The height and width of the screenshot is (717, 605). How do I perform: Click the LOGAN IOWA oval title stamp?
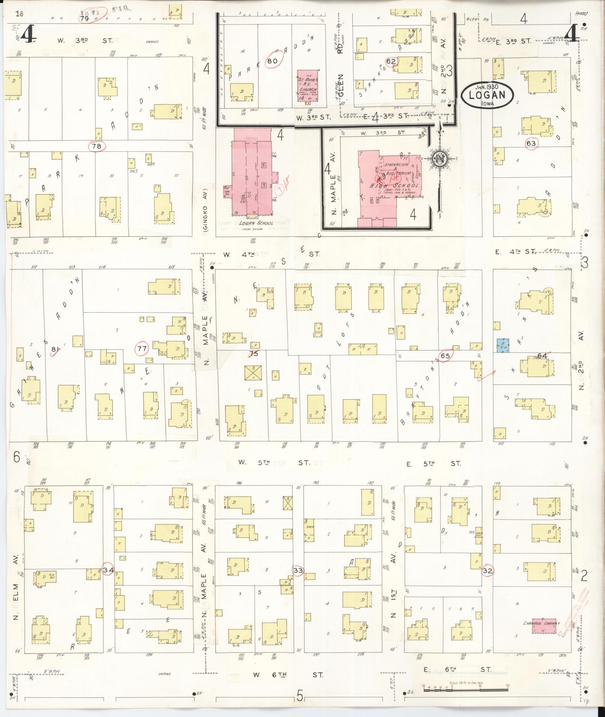click(x=487, y=95)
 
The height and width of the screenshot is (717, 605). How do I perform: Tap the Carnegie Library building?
click(x=543, y=626)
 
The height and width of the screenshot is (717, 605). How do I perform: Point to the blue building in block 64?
click(x=503, y=345)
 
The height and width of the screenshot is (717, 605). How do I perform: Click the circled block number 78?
click(x=97, y=146)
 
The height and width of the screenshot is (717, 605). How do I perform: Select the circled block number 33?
click(x=299, y=581)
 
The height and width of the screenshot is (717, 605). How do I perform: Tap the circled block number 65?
click(x=445, y=356)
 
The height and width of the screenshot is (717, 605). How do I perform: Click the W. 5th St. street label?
click(x=275, y=463)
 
